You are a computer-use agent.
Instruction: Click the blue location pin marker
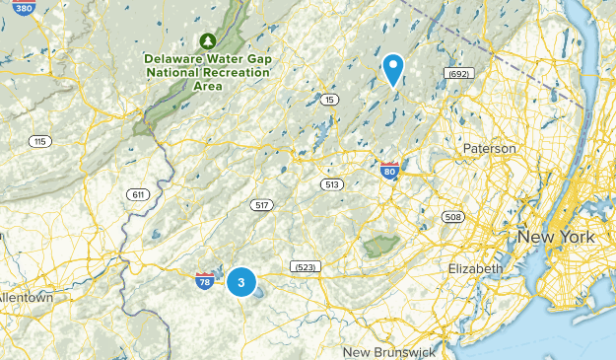pyautogui.click(x=393, y=69)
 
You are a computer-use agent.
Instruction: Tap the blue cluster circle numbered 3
pyautogui.click(x=241, y=283)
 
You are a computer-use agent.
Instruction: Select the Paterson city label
pyautogui.click(x=489, y=148)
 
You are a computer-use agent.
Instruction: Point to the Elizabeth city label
pyautogui.click(x=475, y=268)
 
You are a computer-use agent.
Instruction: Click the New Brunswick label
pyautogui.click(x=388, y=352)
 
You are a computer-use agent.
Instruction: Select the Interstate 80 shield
pyautogui.click(x=389, y=172)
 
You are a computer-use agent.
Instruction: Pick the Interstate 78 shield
pyautogui.click(x=205, y=282)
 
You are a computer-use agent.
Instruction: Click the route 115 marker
pyautogui.click(x=39, y=142)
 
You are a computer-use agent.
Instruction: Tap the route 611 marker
pyautogui.click(x=137, y=194)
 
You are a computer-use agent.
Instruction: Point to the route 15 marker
pyautogui.click(x=329, y=100)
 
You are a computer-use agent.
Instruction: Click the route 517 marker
pyautogui.click(x=261, y=205)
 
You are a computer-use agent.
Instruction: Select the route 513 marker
pyautogui.click(x=330, y=184)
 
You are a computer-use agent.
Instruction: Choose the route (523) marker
pyautogui.click(x=304, y=266)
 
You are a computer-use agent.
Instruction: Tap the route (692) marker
pyautogui.click(x=458, y=73)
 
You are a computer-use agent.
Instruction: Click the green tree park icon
pyautogui.click(x=207, y=40)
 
